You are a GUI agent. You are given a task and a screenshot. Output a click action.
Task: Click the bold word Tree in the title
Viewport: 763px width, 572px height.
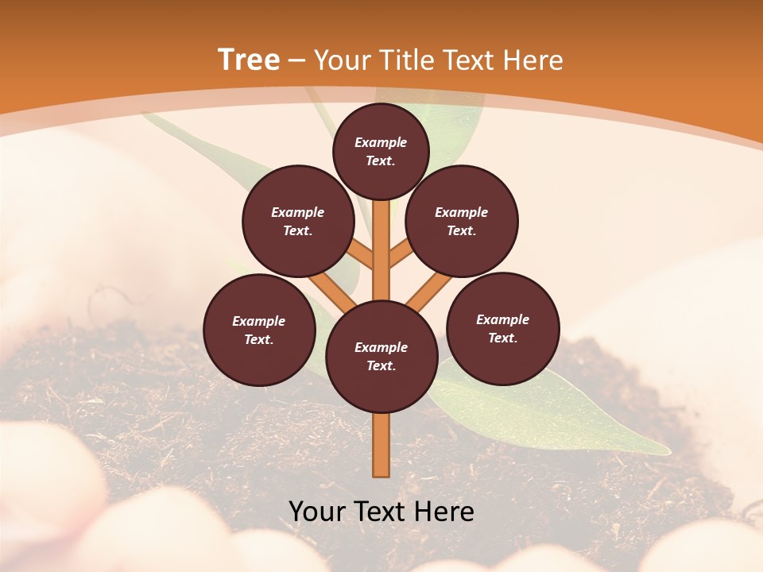(x=249, y=60)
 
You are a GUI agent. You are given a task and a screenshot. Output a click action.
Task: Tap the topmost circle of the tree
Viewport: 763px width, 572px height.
(x=381, y=151)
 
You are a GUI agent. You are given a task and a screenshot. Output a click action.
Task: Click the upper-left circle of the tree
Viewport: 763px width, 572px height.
(x=297, y=221)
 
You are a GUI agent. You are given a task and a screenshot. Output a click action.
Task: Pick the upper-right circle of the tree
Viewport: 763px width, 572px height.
(x=461, y=221)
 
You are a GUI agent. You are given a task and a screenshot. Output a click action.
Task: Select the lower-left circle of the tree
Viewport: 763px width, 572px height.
(x=259, y=330)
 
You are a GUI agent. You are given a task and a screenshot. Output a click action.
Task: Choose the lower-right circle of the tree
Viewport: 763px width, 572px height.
(x=502, y=328)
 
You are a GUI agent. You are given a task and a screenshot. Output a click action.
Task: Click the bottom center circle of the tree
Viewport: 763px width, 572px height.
(x=381, y=357)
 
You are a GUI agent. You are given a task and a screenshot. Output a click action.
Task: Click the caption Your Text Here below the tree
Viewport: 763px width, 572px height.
(x=381, y=511)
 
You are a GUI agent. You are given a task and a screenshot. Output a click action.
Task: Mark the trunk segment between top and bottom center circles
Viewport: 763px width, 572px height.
(x=381, y=250)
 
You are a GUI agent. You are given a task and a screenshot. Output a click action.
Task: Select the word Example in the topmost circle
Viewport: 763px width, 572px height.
(x=381, y=142)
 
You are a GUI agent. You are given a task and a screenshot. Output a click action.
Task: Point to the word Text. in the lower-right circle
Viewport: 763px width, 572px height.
(x=502, y=338)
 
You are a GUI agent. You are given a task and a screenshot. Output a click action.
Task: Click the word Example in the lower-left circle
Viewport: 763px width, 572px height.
(x=259, y=321)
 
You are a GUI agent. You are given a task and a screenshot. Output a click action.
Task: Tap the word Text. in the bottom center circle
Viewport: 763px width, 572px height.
(x=381, y=365)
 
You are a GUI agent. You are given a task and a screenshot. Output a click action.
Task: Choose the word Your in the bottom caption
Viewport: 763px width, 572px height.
(x=316, y=511)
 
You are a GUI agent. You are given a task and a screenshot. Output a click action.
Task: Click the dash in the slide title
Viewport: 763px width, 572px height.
(x=297, y=60)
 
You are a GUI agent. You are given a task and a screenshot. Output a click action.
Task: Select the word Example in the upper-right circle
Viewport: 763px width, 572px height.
(x=461, y=212)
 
